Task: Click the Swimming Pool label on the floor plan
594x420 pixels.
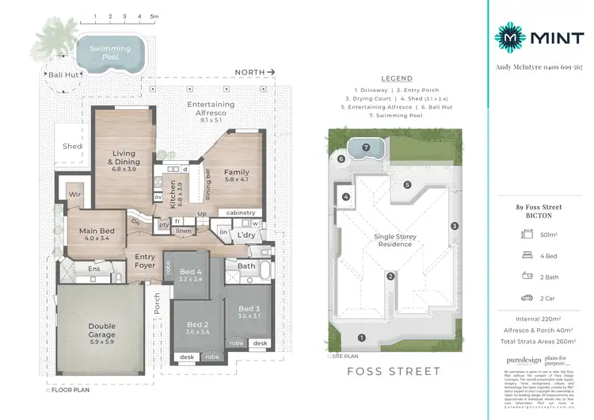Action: [109, 52]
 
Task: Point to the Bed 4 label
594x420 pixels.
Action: [191, 275]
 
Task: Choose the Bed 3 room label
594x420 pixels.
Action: [249, 312]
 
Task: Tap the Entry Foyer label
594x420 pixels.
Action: [145, 261]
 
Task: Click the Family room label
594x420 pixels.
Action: [236, 176]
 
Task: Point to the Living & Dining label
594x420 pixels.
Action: [125, 161]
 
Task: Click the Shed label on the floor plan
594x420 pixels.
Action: [72, 147]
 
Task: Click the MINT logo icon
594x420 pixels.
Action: [509, 36]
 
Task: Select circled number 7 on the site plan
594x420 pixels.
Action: [366, 147]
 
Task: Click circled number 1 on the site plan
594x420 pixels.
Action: [362, 338]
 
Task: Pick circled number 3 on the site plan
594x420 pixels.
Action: [455, 226]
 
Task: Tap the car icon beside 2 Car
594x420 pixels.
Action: [527, 299]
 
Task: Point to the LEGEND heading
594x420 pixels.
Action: [397, 79]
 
